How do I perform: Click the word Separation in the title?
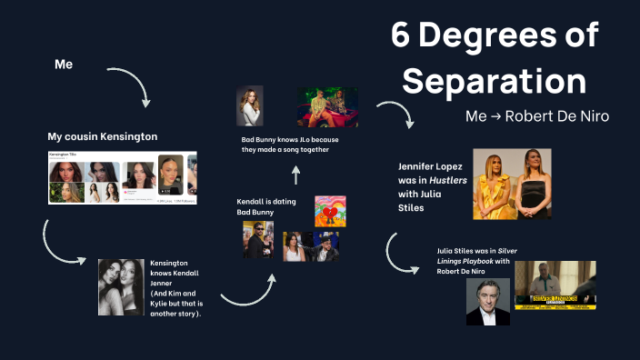point(494,80)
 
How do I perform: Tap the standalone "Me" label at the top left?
point(64,65)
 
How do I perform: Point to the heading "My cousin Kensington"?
point(103,136)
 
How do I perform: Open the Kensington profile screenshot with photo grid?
point(122,178)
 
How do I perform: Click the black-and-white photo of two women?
point(121,286)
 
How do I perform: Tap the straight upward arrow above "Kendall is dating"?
point(295,175)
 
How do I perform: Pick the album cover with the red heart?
point(330,211)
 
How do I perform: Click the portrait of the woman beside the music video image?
point(249,105)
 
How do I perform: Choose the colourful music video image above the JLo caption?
point(327,106)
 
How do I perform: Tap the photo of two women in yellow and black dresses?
point(512,184)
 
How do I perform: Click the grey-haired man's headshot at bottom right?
point(487,302)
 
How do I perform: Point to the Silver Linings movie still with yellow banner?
point(555,285)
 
